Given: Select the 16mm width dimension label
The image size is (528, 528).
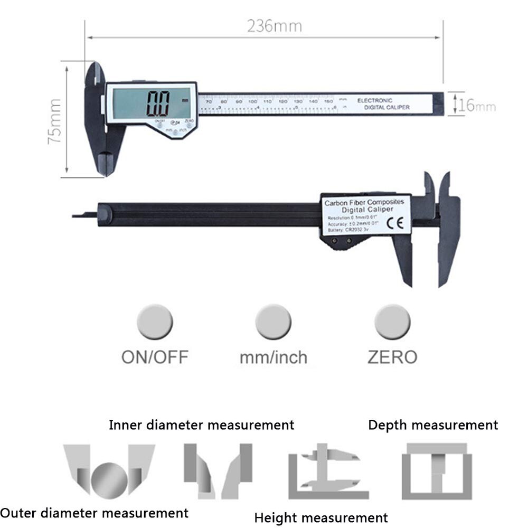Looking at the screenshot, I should (x=477, y=106).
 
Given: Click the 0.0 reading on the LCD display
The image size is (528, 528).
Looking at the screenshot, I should (x=158, y=103).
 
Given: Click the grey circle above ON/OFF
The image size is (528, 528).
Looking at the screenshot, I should (x=155, y=321).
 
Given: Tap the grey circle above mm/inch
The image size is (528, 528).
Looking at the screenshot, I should (x=273, y=321).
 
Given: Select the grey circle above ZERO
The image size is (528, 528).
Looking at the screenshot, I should (x=392, y=321).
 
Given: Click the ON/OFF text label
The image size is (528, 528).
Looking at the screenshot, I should (x=155, y=357).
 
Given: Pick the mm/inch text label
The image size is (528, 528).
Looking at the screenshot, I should (x=273, y=357).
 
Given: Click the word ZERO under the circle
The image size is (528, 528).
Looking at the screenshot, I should (x=392, y=357).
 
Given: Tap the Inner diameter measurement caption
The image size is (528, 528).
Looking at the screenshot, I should (x=201, y=425).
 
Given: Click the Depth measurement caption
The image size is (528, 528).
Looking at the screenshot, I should (x=433, y=425).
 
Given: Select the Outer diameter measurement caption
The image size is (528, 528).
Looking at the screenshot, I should (x=94, y=512).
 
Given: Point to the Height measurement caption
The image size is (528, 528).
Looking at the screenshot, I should (x=321, y=517).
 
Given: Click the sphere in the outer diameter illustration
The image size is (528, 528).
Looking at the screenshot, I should (x=109, y=477).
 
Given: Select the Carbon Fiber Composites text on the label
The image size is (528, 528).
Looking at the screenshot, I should (x=364, y=202).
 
